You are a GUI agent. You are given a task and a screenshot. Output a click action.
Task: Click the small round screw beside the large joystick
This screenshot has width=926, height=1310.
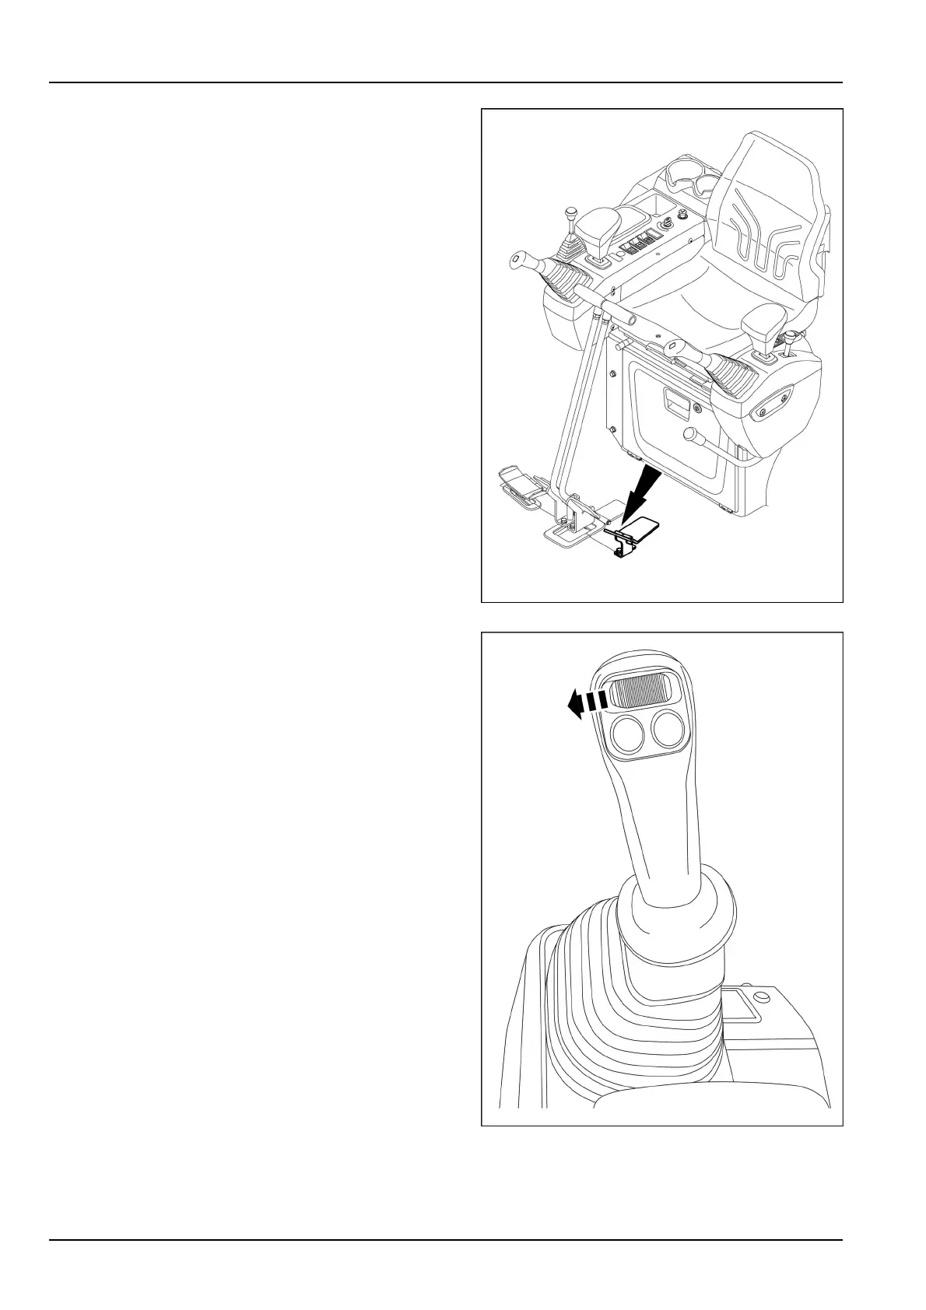pyautogui.click(x=760, y=996)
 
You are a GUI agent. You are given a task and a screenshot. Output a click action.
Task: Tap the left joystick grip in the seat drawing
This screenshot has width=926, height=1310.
pyautogui.click(x=545, y=271)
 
